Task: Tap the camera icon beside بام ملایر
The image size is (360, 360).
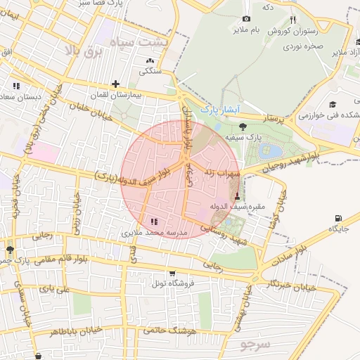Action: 245,18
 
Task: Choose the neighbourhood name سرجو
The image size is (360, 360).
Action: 254,345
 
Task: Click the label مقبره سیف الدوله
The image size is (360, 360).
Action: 236,207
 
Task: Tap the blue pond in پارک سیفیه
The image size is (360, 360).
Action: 269,150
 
